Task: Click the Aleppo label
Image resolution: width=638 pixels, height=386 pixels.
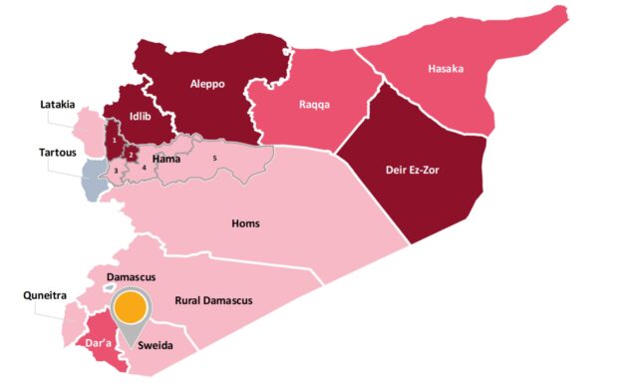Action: point(208,85)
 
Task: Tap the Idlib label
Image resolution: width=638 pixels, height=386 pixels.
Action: point(140,116)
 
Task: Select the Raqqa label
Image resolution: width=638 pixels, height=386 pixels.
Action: point(315,104)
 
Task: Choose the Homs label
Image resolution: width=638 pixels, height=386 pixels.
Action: point(245,223)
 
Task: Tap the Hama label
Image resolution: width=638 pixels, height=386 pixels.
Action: point(165,159)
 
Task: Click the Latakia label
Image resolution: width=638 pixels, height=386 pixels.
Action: point(58,104)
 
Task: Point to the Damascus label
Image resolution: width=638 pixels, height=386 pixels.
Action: point(131,274)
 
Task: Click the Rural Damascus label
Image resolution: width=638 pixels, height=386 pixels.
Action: point(213,300)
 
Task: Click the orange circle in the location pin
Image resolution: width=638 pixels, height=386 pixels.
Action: point(128,308)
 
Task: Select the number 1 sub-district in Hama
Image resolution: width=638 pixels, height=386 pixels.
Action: point(116,142)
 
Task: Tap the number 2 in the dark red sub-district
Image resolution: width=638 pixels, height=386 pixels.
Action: point(132,155)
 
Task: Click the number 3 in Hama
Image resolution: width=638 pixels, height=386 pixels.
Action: point(116,172)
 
